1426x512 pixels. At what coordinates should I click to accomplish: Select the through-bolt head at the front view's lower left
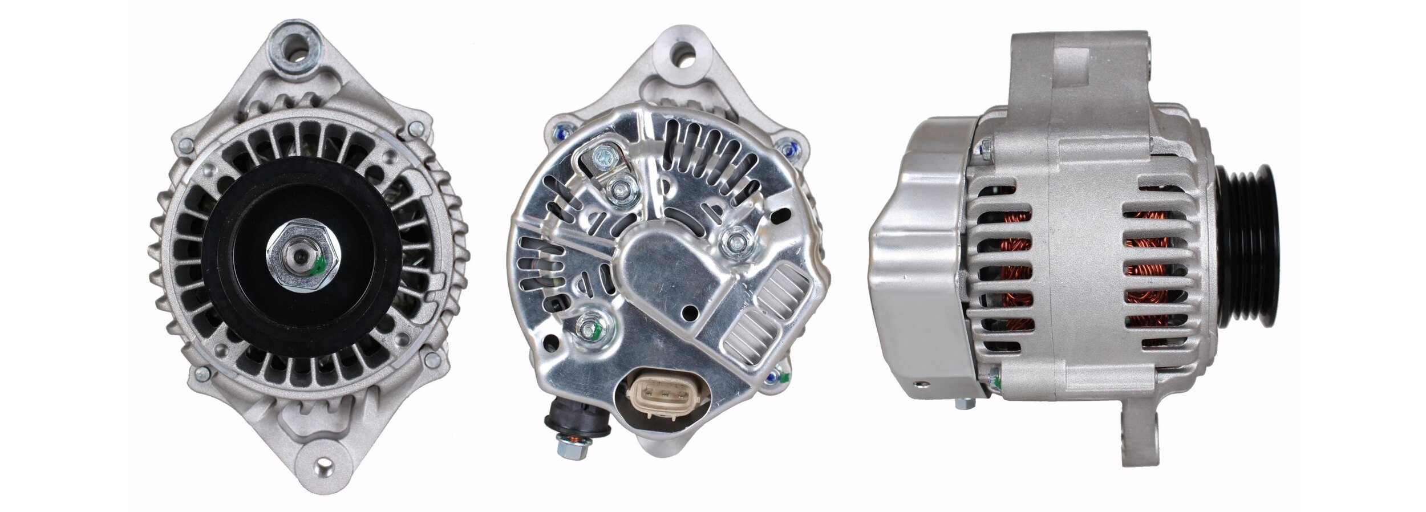pos(201,373)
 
